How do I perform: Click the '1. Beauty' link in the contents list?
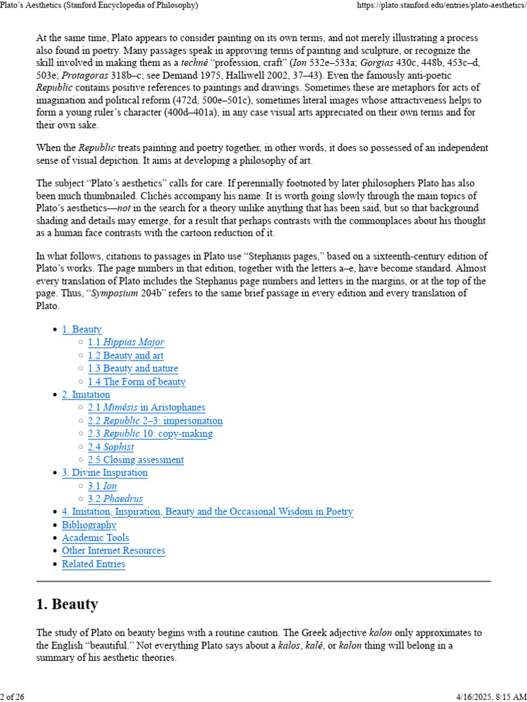(82, 330)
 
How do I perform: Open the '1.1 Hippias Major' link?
(126, 343)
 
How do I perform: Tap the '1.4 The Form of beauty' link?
(137, 382)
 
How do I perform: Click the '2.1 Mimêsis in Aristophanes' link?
(146, 408)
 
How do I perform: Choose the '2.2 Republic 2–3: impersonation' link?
(155, 421)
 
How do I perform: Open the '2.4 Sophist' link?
(110, 447)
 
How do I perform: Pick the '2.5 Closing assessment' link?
(136, 460)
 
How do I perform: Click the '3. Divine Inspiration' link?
(104, 473)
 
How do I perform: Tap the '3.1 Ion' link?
(102, 486)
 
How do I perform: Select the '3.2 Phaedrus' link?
(115, 499)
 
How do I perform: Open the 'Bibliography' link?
(89, 525)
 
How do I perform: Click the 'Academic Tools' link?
(95, 538)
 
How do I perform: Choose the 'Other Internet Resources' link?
(113, 551)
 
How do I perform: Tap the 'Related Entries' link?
(93, 564)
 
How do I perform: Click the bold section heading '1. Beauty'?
(67, 605)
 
